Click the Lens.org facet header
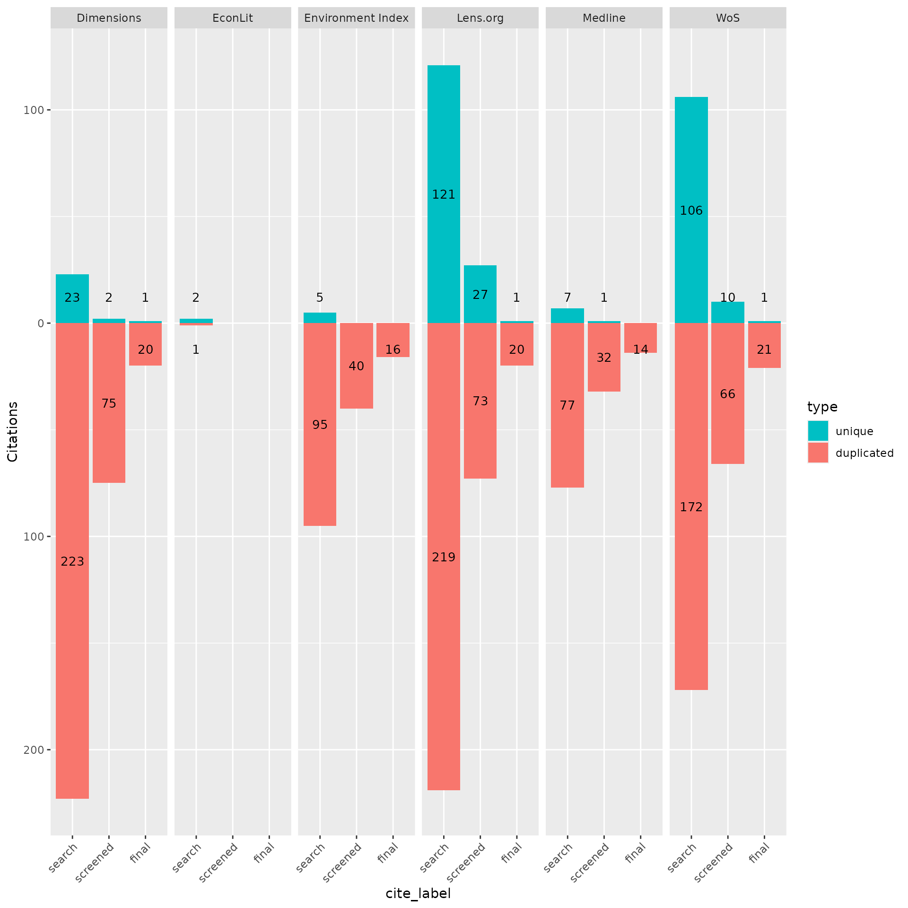480,18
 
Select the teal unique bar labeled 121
444,142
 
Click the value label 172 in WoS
691,507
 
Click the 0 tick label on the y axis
41,323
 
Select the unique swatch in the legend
818,431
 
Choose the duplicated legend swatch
818,453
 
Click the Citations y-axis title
13,431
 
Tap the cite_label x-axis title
418,893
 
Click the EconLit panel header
233,18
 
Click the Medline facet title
604,18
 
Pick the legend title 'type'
822,407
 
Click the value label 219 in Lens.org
444,557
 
